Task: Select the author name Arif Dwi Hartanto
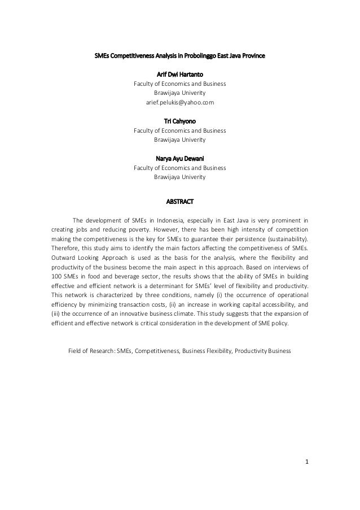179,74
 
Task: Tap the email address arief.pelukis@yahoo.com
179,102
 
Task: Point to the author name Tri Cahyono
179,121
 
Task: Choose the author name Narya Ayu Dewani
179,159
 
